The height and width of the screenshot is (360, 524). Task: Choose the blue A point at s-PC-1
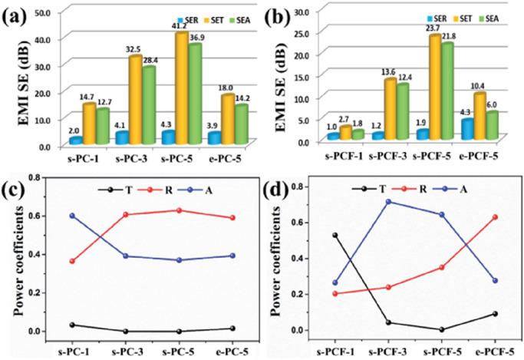point(71,216)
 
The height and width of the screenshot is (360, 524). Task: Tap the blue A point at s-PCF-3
point(367,202)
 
